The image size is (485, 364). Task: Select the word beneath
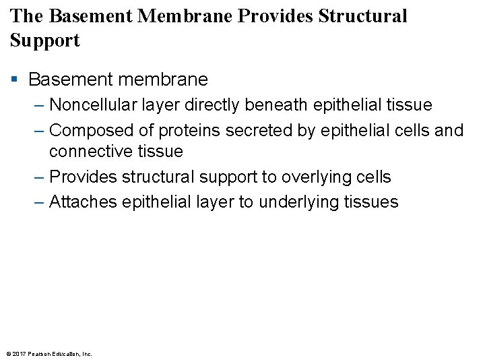click(292, 105)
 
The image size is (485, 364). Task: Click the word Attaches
click(84, 202)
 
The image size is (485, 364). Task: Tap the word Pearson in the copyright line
click(40, 353)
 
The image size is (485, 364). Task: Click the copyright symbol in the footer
click(8, 353)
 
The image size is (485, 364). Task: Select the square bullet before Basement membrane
click(15, 80)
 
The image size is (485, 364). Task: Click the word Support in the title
click(45, 40)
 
